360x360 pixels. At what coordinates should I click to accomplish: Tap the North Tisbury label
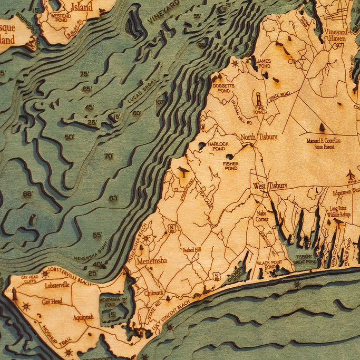(x=259, y=137)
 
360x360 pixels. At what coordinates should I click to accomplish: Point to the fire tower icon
(x=259, y=99)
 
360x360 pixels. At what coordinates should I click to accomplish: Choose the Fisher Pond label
(x=231, y=167)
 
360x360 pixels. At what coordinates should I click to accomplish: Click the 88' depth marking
(x=27, y=193)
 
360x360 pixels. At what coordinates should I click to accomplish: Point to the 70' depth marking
(x=109, y=156)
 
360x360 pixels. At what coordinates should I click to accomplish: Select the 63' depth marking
(x=113, y=198)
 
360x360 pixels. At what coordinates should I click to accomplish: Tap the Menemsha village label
(x=152, y=260)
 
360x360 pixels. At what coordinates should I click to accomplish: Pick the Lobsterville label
(x=57, y=285)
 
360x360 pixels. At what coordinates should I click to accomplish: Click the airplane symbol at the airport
(x=350, y=174)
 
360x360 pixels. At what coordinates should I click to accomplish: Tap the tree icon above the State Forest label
(x=322, y=128)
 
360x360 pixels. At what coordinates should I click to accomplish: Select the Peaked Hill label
(x=191, y=249)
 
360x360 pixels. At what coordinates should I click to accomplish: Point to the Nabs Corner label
(x=262, y=216)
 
